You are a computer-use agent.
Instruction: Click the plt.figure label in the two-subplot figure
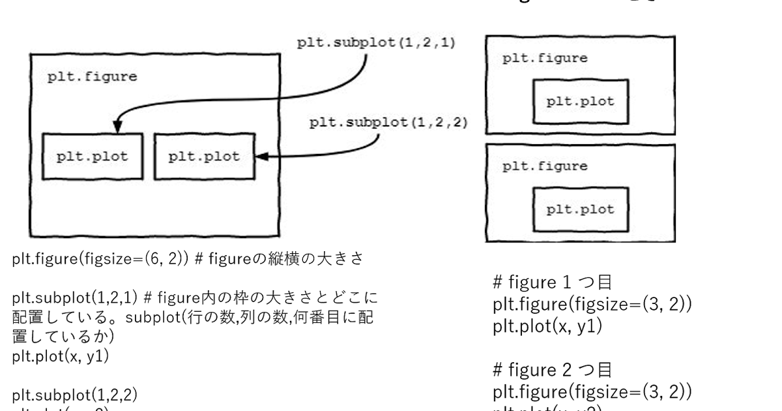pos(92,77)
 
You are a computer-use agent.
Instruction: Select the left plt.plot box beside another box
pos(92,157)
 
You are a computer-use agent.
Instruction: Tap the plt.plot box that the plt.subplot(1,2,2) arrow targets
pos(204,157)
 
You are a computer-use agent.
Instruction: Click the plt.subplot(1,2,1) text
pos(376,44)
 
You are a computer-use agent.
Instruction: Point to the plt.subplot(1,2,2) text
pos(388,123)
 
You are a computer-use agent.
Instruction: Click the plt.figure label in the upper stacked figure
pos(545,58)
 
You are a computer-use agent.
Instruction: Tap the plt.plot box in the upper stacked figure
pos(580,102)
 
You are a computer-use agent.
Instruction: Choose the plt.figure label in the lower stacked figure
pos(545,166)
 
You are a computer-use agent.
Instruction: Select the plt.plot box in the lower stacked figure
pos(580,209)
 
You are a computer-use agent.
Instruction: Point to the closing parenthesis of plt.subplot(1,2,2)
pos(464,123)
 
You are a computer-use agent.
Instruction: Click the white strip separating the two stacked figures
pos(580,140)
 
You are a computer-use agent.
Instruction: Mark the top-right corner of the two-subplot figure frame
pos(279,55)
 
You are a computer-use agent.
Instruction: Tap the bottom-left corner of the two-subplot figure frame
pos(31,236)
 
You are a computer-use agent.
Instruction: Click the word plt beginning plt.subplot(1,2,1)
pos(308,44)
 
